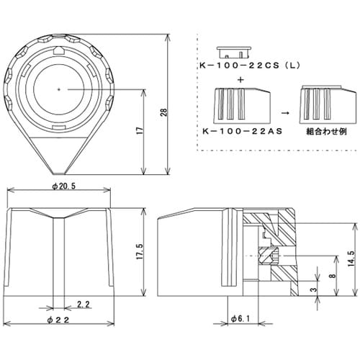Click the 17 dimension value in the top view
tap(137, 132)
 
